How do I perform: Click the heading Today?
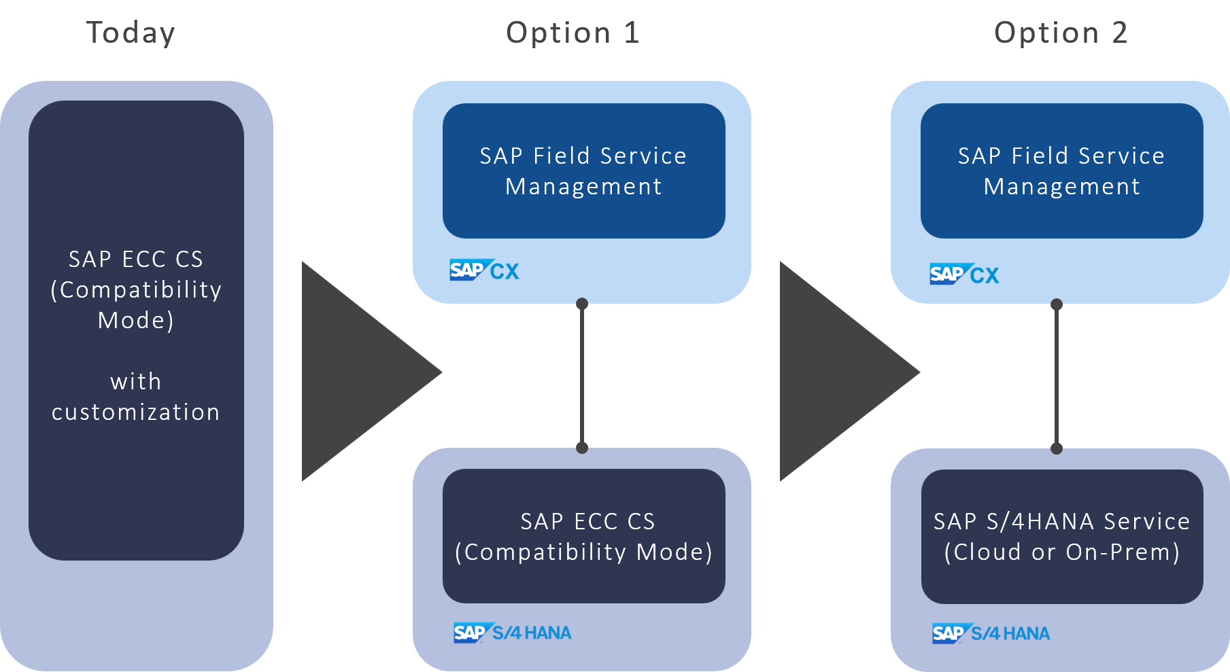[x=131, y=33]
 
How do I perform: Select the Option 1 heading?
[x=573, y=33]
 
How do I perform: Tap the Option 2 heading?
[x=1061, y=33]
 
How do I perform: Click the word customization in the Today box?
[x=136, y=412]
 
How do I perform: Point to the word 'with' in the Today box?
[x=136, y=381]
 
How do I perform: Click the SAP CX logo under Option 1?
[x=484, y=270]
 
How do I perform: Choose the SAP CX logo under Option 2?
[x=964, y=275]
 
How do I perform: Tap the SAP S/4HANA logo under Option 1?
[x=512, y=633]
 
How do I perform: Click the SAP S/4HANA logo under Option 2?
[x=991, y=633]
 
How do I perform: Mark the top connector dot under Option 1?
[x=582, y=304]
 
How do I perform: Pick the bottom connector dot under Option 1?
[x=582, y=448]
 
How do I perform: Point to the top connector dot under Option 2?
[x=1057, y=304]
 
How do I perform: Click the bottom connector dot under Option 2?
[x=1057, y=448]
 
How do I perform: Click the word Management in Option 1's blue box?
[x=583, y=187]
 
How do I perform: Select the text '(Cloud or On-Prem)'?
[x=1061, y=552]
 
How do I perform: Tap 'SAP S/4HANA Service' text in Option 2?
[x=1061, y=521]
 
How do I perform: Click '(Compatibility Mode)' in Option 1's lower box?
[x=583, y=552]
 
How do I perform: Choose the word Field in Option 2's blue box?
[x=1040, y=156]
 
